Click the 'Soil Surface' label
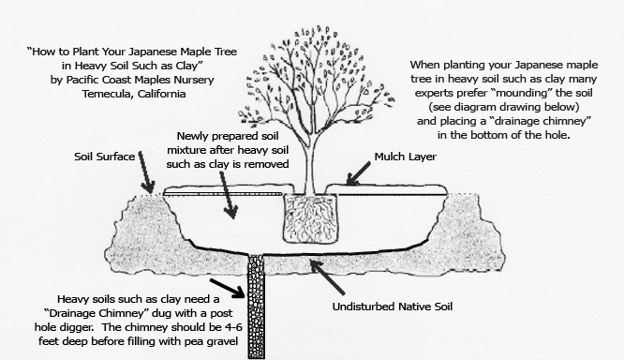coord(104,157)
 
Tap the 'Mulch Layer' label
coord(405,157)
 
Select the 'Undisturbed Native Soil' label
coord(393,307)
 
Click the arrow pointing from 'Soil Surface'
coord(146,172)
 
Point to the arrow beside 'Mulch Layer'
coord(358,174)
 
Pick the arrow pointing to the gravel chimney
coord(228,289)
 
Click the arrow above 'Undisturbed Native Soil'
coord(327,277)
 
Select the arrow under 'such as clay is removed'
coord(229,195)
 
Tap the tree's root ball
coord(310,218)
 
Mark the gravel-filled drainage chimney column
coord(257,306)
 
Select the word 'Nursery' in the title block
coord(194,80)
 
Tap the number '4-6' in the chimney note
coord(232,327)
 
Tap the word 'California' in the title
coord(161,94)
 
